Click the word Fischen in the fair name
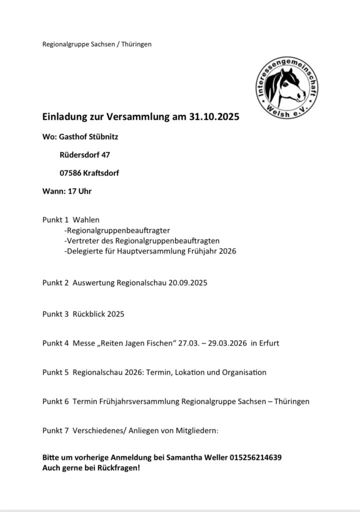coord(158,344)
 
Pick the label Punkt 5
coord(55,372)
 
